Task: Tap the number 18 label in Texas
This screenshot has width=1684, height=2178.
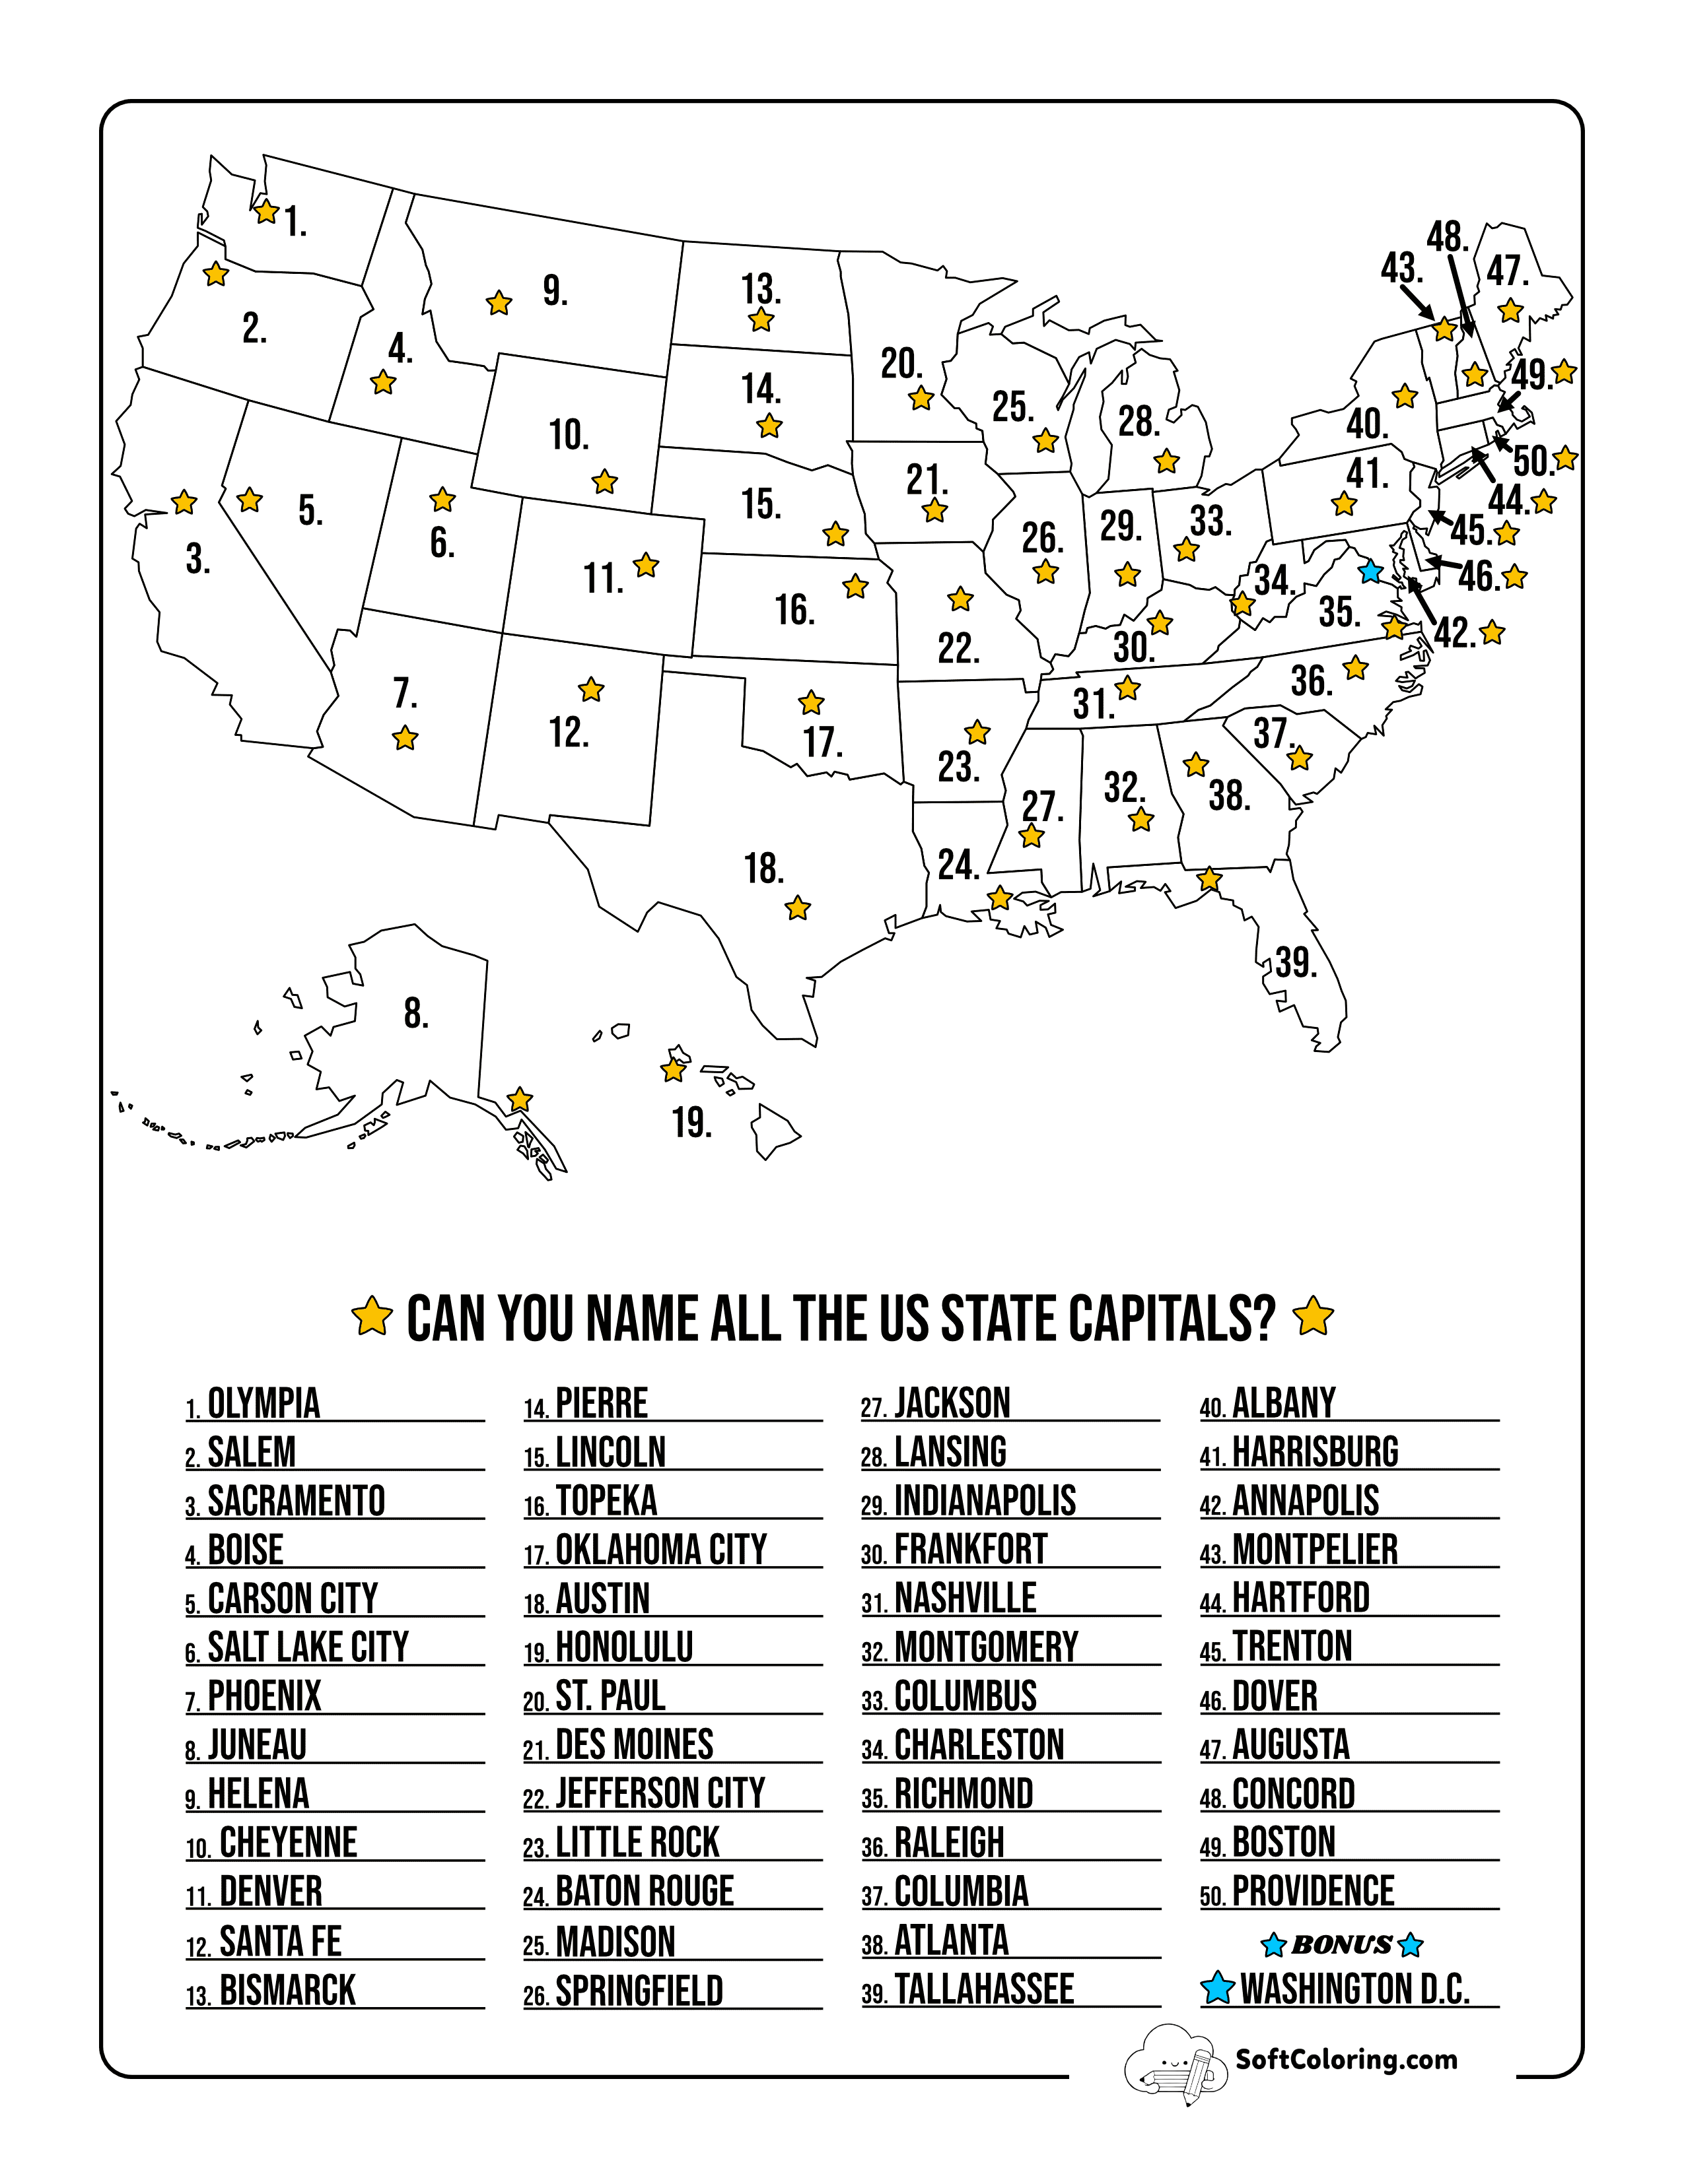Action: coord(763,869)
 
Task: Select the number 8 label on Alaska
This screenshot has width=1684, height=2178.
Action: coord(416,1013)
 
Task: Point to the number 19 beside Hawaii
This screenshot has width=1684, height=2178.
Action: coord(691,1123)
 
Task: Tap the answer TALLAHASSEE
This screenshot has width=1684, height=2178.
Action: coord(984,1989)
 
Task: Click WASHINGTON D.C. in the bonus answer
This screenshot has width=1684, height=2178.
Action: coord(1354,1989)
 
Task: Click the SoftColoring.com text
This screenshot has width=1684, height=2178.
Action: coord(1346,2059)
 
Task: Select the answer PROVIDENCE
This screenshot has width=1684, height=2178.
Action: coord(1313,1892)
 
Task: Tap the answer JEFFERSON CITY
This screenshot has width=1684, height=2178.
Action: coord(660,1794)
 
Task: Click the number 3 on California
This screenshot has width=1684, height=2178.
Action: coord(197,560)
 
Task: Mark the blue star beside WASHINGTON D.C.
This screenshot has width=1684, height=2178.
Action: coord(1217,1987)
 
